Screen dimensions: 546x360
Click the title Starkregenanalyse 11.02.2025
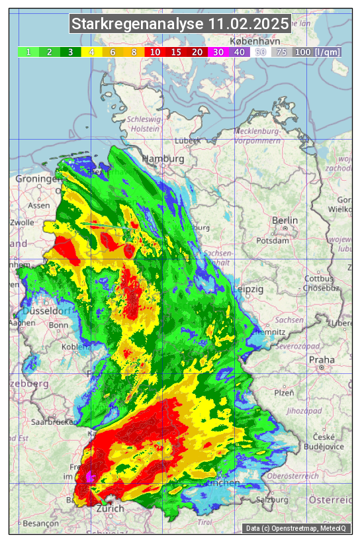pyautogui.click(x=180, y=24)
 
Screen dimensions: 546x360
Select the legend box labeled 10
pyautogui.click(x=155, y=52)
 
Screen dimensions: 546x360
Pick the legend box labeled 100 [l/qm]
pyautogui.click(x=318, y=52)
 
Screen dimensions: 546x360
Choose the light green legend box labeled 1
pyautogui.click(x=28, y=52)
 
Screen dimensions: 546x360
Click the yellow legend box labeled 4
pyautogui.click(x=92, y=52)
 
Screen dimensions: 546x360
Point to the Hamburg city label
pyautogui.click(x=163, y=159)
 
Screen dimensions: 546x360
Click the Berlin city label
pyautogui.click(x=285, y=220)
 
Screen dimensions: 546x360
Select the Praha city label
pyautogui.click(x=322, y=360)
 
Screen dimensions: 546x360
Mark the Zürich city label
pyautogui.click(x=110, y=509)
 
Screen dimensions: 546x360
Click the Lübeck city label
pyautogui.click(x=187, y=141)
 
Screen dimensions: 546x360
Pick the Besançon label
pyautogui.click(x=40, y=523)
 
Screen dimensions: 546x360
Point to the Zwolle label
pyautogui.click(x=22, y=222)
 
